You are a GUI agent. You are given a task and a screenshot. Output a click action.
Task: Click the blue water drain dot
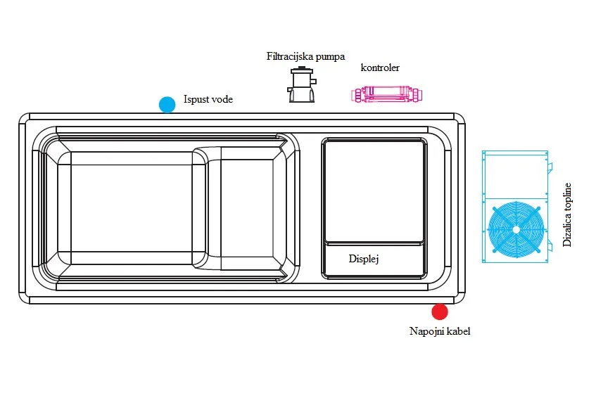coord(167,105)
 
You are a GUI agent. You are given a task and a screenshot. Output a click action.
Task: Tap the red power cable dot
coord(440,312)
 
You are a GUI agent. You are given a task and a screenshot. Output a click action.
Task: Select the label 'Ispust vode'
coord(208,99)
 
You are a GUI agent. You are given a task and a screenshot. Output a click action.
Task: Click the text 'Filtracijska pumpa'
coord(305,56)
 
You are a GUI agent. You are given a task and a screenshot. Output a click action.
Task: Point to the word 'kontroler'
coord(380,68)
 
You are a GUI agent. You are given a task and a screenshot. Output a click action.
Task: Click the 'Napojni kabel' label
coord(440,331)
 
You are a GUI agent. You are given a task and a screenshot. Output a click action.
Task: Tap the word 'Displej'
coord(364,259)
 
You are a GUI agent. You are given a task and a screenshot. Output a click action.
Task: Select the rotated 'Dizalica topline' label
coord(566,215)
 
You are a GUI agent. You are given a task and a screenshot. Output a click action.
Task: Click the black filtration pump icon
coord(301,84)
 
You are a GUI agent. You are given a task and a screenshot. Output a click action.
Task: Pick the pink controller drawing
coord(386,94)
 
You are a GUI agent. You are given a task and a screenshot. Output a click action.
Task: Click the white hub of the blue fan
coord(516,230)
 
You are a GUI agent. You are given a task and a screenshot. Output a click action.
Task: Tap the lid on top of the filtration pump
coord(302,70)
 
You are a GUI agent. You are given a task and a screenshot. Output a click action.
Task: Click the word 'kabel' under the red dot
coord(459,331)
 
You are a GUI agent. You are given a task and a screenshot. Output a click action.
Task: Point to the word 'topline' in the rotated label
coord(566,197)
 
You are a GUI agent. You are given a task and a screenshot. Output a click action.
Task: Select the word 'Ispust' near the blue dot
coord(196,99)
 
